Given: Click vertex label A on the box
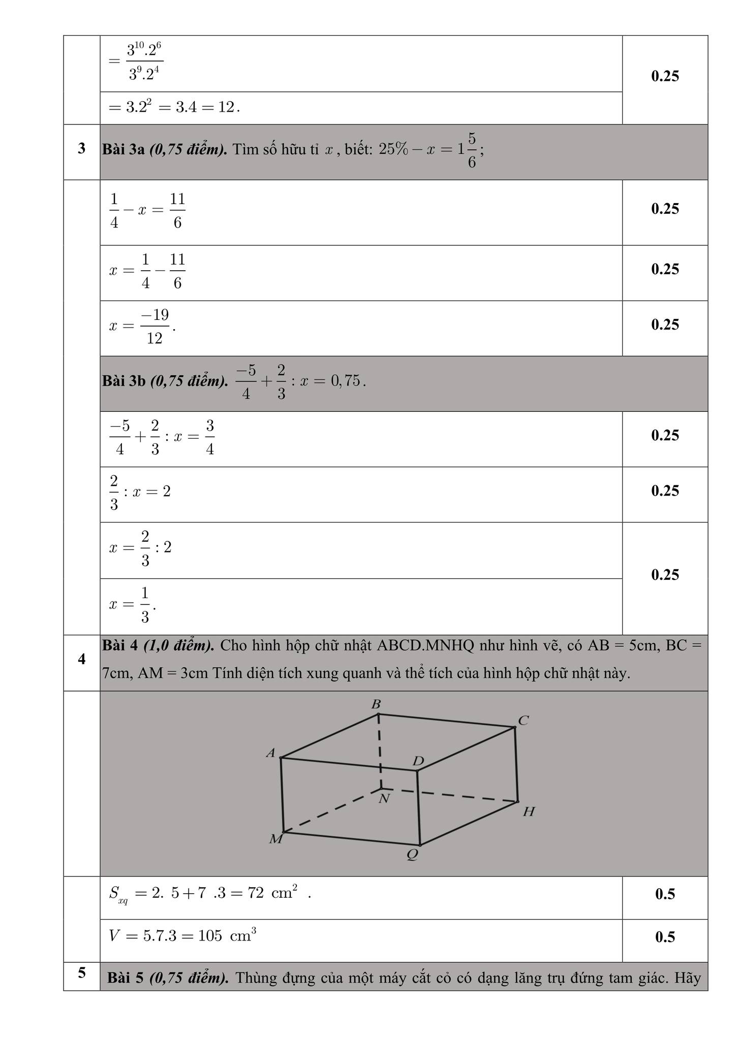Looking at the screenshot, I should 271,753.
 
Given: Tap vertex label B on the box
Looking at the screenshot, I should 376,704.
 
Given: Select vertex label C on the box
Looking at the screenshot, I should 524,720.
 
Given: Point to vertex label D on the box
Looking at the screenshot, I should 418,761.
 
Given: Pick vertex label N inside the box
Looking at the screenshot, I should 384,799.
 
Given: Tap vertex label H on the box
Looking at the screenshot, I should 529,812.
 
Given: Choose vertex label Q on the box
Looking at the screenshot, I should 413,855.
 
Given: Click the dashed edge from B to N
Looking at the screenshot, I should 380,752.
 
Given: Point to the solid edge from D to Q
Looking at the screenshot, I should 419,807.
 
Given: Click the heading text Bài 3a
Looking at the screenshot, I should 124,150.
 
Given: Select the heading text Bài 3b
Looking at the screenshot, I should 125,381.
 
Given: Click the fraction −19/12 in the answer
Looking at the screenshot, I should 155,326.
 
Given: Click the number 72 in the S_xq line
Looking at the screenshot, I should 256,893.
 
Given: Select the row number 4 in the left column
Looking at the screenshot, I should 82,659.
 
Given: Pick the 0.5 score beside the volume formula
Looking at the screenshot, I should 665,937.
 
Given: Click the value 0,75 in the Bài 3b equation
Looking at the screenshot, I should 346,381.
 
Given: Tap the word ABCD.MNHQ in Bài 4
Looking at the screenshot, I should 425,645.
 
